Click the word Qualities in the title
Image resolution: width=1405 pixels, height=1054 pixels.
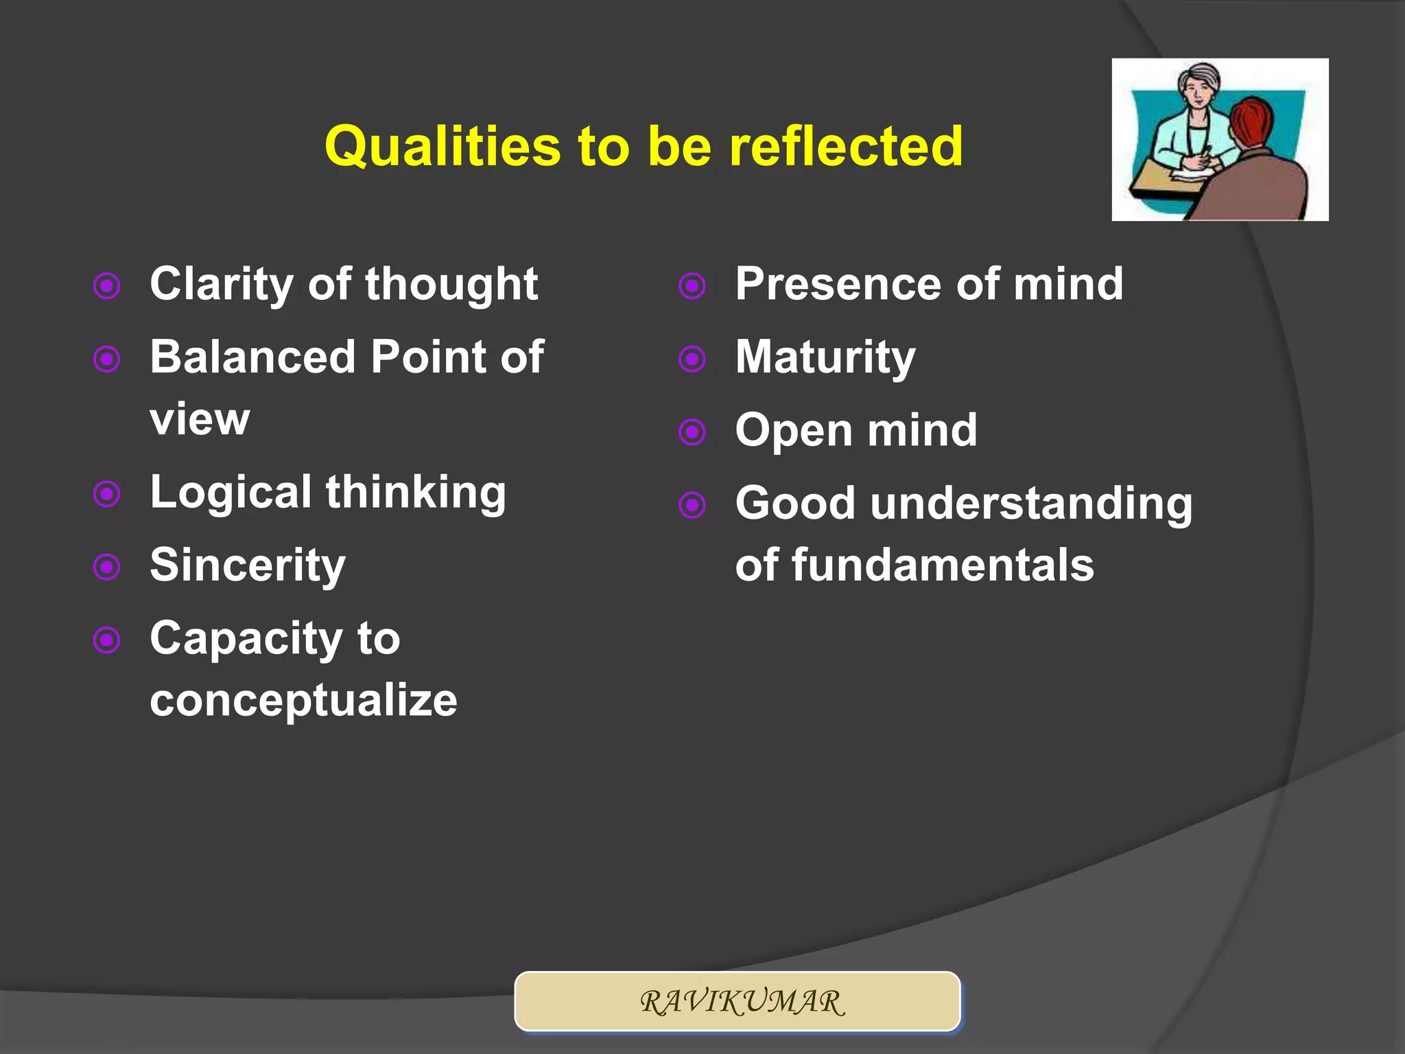(442, 146)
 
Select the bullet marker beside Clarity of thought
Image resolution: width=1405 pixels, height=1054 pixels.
(107, 286)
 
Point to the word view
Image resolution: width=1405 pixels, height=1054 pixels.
(200, 419)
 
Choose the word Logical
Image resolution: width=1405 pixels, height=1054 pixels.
(231, 493)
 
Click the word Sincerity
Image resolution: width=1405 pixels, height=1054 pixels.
(248, 565)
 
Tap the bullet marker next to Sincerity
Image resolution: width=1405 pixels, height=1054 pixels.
(107, 567)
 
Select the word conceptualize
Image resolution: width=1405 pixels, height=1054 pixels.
(303, 701)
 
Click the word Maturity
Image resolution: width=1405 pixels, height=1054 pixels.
(825, 357)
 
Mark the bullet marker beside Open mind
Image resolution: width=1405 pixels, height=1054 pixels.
(692, 432)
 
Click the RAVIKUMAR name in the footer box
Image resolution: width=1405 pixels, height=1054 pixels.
(740, 1002)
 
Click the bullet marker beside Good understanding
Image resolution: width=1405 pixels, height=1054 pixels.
(692, 506)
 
